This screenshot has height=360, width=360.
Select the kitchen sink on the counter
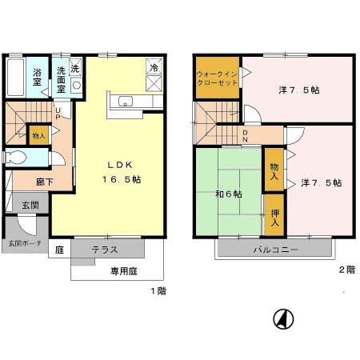[125, 101]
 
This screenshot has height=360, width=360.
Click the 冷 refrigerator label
[154, 69]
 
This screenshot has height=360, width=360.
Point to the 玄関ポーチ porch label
[25, 242]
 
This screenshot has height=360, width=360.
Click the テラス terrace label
[104, 249]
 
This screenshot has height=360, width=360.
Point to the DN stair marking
[245, 137]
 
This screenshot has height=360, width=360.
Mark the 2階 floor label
[346, 269]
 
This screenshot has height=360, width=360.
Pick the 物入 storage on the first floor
[38, 136]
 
